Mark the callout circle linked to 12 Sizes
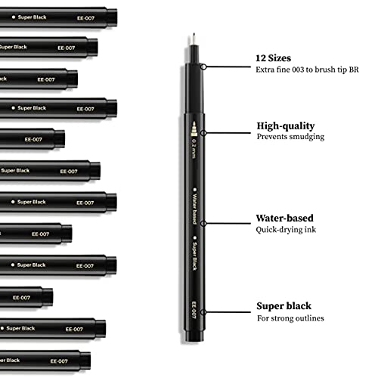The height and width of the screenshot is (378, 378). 203,67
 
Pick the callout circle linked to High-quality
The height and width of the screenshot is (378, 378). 203,132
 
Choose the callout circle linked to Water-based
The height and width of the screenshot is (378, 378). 203,222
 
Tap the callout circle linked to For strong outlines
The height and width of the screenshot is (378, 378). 203,311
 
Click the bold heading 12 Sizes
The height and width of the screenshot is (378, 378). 272,57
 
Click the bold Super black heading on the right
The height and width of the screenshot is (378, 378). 284,306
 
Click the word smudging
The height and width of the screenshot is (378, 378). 308,137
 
